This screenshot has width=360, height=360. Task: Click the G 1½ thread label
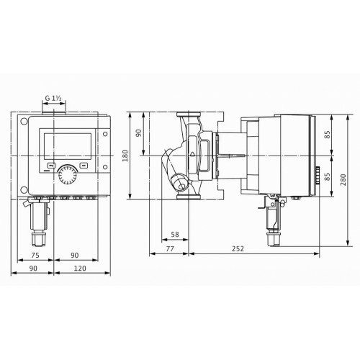53,98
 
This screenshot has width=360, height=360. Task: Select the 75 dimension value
35,255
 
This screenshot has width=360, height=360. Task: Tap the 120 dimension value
80,269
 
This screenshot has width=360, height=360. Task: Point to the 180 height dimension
125,156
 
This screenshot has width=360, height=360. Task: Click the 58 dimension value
175,234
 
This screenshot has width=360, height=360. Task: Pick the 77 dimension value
170,248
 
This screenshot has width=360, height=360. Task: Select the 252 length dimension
238,248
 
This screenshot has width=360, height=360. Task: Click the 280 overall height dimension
343,179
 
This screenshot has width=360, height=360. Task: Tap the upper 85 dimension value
328,135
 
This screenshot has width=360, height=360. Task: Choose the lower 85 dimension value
328,176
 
